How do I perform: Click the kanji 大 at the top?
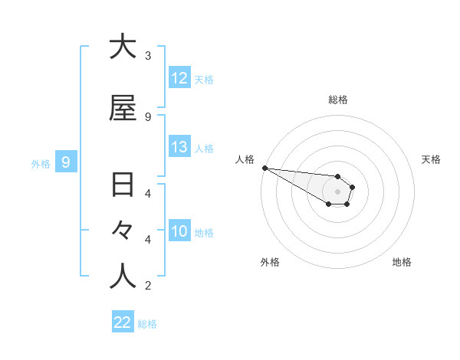pyautogui.click(x=123, y=47)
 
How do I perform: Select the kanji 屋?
pyautogui.click(x=123, y=109)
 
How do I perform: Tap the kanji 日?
pyautogui.click(x=123, y=185)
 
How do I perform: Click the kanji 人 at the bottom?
pyautogui.click(x=123, y=277)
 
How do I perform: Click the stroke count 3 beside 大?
pyautogui.click(x=147, y=56)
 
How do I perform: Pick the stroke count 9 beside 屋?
pyautogui.click(x=147, y=117)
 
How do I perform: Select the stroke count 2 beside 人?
pyautogui.click(x=147, y=286)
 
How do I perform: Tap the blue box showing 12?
pyautogui.click(x=179, y=78)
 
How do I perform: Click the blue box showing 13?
pyautogui.click(x=179, y=148)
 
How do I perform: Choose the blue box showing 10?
pyautogui.click(x=179, y=232)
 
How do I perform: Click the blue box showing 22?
pyautogui.click(x=123, y=322)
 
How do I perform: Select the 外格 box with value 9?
pyautogui.click(x=66, y=162)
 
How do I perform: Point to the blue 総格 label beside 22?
pyautogui.click(x=147, y=324)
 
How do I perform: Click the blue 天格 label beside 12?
pyautogui.click(x=204, y=79)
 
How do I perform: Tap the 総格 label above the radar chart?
pyautogui.click(x=338, y=100)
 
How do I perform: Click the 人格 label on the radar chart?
pyautogui.click(x=245, y=159)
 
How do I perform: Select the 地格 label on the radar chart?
pyautogui.click(x=402, y=262)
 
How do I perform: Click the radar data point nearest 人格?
pyautogui.click(x=264, y=168)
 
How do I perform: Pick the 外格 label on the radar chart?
pyautogui.click(x=270, y=262)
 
